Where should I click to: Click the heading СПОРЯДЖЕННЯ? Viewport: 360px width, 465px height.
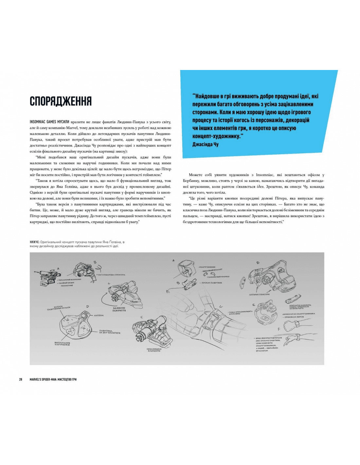(61, 101)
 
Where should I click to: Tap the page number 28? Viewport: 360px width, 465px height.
(21, 379)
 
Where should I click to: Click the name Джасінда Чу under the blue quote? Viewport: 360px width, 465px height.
(205, 144)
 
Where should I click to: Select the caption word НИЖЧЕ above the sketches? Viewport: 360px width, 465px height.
(34, 242)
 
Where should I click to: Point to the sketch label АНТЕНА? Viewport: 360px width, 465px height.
(99, 316)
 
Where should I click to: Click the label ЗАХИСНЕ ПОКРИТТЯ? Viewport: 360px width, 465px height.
(119, 309)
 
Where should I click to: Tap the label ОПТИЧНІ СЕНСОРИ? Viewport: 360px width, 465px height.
(259, 294)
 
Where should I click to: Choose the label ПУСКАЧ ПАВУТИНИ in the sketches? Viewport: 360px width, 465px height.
(212, 283)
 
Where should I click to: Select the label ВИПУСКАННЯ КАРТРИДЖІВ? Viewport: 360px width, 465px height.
(62, 344)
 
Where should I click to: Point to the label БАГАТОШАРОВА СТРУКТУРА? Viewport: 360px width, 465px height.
(112, 275)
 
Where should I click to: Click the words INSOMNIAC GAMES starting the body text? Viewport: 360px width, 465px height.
(49, 122)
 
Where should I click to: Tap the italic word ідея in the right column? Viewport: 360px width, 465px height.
(260, 187)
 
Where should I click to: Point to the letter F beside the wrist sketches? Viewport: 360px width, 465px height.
(279, 329)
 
